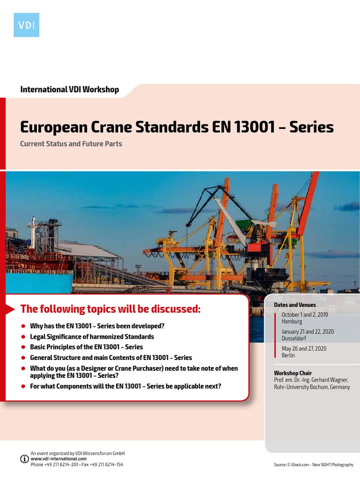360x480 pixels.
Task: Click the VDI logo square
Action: [26, 25]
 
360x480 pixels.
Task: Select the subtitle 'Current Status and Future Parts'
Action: [71, 144]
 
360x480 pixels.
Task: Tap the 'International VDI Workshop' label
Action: [69, 89]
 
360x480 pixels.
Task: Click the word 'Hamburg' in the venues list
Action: [292, 322]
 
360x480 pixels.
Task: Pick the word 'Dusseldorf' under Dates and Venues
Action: [294, 338]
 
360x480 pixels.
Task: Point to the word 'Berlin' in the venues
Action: [288, 355]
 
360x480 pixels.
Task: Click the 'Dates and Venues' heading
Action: [295, 305]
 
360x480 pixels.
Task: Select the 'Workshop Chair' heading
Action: [293, 373]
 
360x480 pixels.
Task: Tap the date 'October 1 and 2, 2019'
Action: [305, 315]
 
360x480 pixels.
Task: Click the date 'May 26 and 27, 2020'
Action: [304, 349]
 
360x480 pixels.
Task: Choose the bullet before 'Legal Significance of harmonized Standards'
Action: [23, 337]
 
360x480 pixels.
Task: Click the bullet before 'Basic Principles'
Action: [23, 347]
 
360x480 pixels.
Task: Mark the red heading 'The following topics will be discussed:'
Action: [110, 309]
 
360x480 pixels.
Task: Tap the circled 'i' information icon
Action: [24, 459]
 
